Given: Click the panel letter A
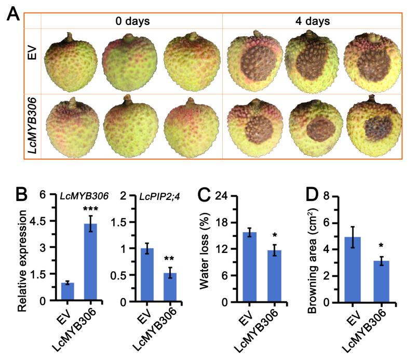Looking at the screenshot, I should click(x=14, y=17).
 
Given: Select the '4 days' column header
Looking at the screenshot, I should click(x=312, y=21).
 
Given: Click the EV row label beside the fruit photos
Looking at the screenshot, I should click(x=32, y=61).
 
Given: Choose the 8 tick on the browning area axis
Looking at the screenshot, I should click(x=341, y=195).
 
